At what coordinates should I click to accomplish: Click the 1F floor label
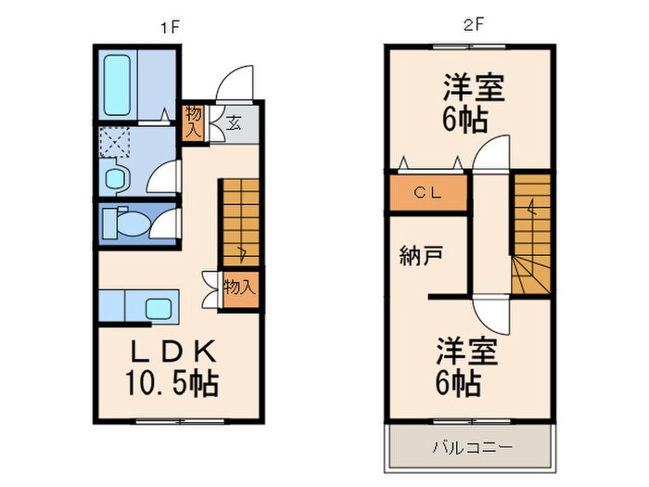coord(168,27)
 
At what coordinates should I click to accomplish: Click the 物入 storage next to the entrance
coord(194,122)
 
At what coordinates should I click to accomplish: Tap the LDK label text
coord(172,352)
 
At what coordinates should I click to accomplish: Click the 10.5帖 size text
coord(172,382)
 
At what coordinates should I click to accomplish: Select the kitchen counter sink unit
coord(137,305)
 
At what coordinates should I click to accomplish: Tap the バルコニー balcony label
coord(472,448)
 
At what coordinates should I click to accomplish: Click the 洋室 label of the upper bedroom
coord(473,89)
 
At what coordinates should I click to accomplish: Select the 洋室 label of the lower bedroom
coord(468,352)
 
